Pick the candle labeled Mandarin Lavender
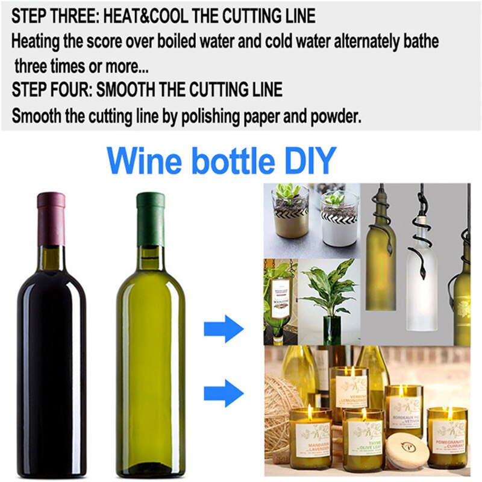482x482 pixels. coord(310,437)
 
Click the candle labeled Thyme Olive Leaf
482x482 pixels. coord(363,437)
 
